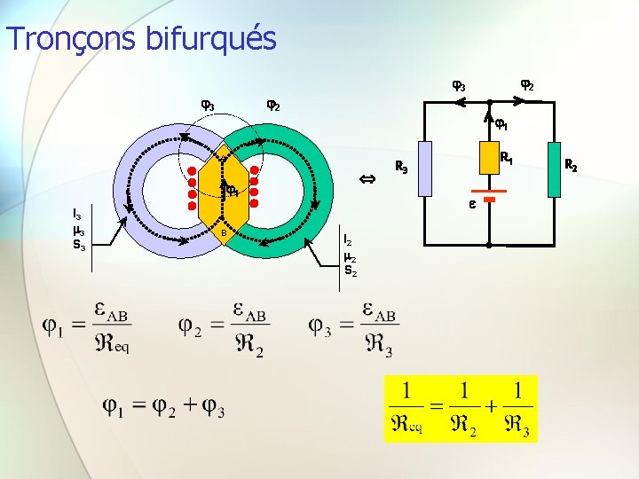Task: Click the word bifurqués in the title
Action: tap(219, 38)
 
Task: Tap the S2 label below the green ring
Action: tap(350, 271)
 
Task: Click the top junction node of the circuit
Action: tap(488, 105)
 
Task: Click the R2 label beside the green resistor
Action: tap(596, 165)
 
